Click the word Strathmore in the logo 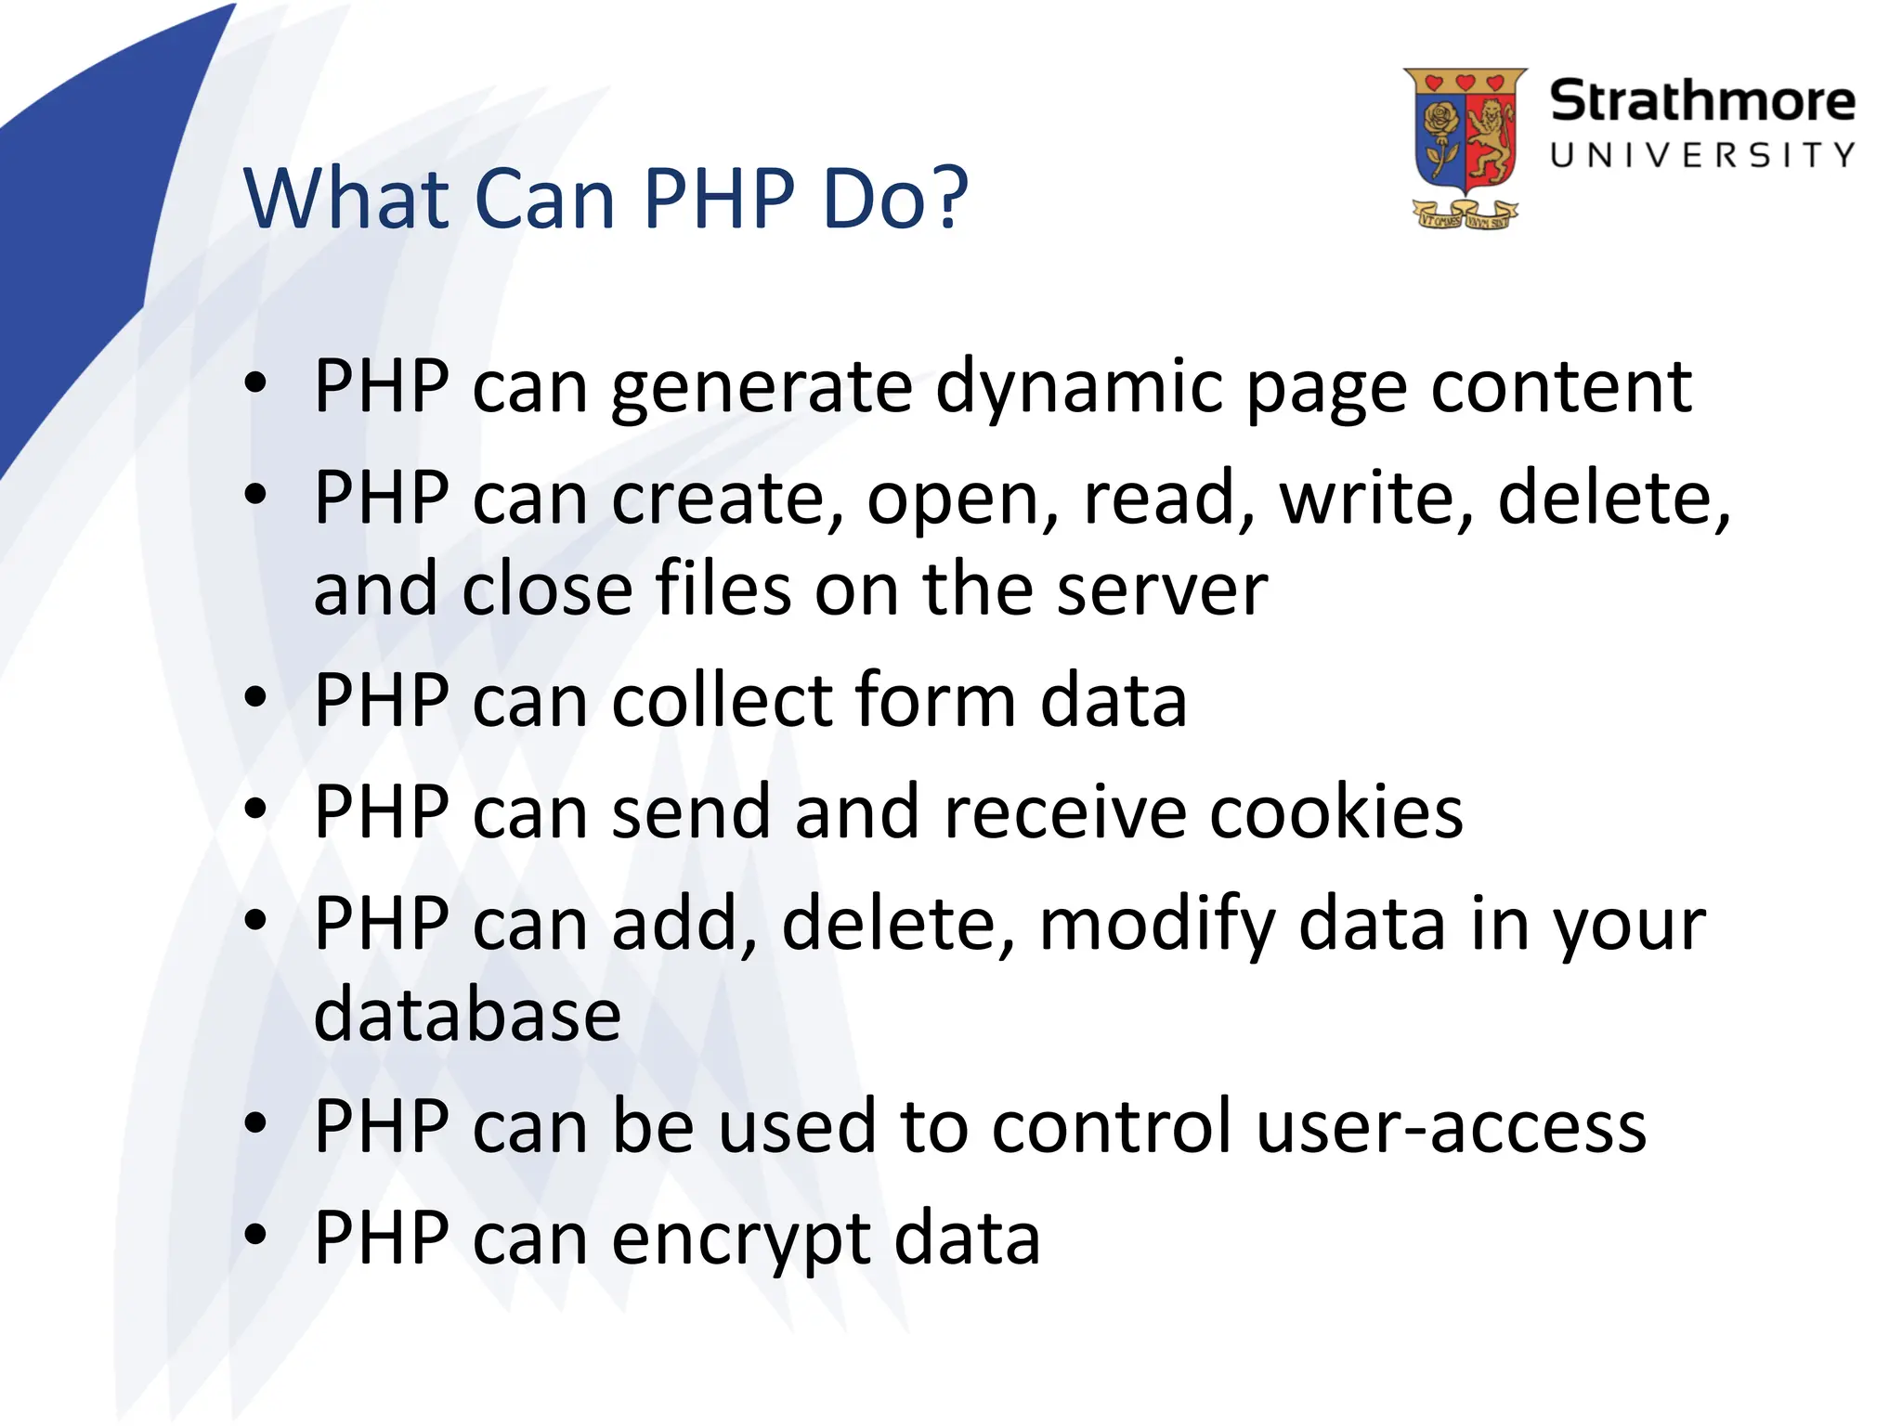tap(1701, 101)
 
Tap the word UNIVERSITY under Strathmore tap(1702, 155)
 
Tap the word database tap(467, 1014)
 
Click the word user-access tap(1451, 1126)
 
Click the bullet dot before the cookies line tap(255, 809)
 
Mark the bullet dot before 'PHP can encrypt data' tap(255, 1235)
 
